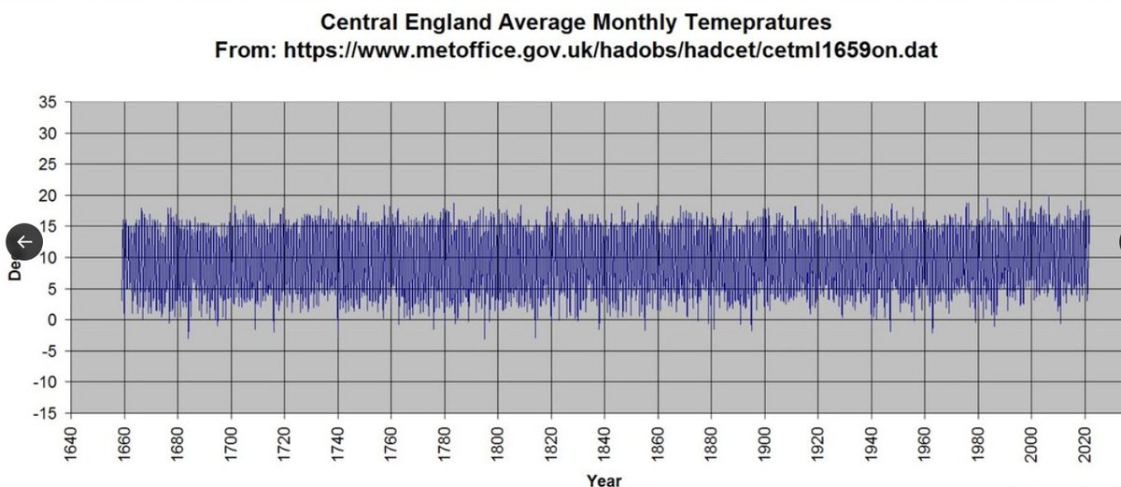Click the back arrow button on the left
coord(24,242)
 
